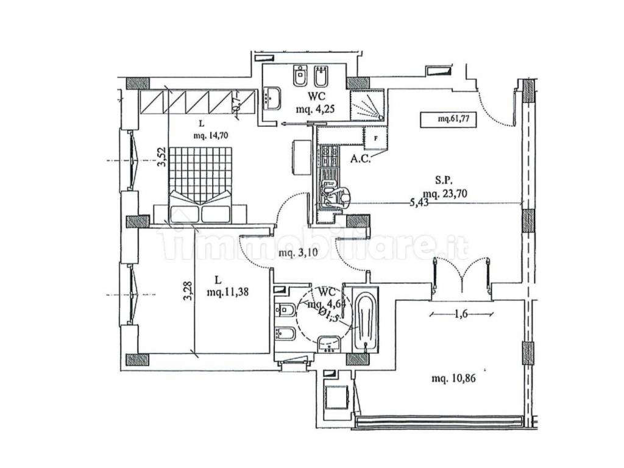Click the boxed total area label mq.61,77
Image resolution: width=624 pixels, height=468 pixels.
pos(448,120)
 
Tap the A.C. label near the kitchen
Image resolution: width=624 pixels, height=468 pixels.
pos(362,160)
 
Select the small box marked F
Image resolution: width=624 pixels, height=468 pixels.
pos(375,138)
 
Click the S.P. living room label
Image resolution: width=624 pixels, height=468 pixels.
pos(443,180)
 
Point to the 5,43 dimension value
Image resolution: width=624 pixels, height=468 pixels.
pos(420,204)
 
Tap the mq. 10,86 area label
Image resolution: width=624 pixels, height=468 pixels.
pos(453,378)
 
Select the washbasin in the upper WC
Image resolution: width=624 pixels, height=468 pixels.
pos(273,98)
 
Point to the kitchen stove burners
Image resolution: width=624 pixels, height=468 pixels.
pos(329,158)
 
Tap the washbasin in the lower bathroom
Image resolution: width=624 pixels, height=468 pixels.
pos(330,344)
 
